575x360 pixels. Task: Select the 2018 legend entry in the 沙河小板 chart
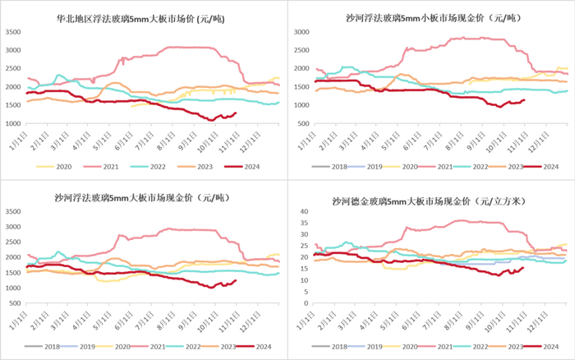(333, 166)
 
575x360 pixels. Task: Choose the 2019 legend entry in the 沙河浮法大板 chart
(81, 347)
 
